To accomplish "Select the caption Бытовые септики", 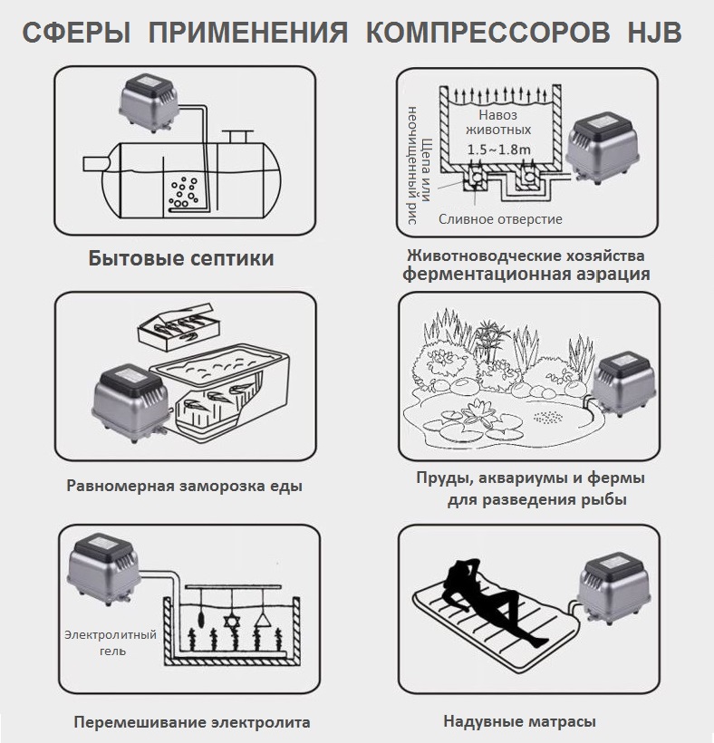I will point(181,259).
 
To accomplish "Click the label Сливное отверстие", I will point(500,219).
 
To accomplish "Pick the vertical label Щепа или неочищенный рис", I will point(420,172).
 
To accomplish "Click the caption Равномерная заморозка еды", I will point(184,486).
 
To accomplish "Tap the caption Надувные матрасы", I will point(520,722).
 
